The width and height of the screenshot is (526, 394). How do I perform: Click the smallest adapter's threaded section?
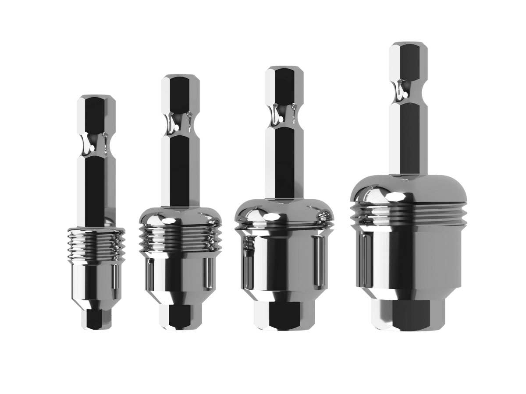96,247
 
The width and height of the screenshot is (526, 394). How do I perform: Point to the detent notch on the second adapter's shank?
179,123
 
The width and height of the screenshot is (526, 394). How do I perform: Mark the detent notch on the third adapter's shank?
284,114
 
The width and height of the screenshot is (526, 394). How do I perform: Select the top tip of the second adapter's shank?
179,77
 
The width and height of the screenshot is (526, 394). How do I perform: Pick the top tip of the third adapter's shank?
284,69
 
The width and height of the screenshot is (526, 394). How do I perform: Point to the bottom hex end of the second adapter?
179,316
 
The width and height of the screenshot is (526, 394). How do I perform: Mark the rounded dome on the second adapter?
179,217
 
